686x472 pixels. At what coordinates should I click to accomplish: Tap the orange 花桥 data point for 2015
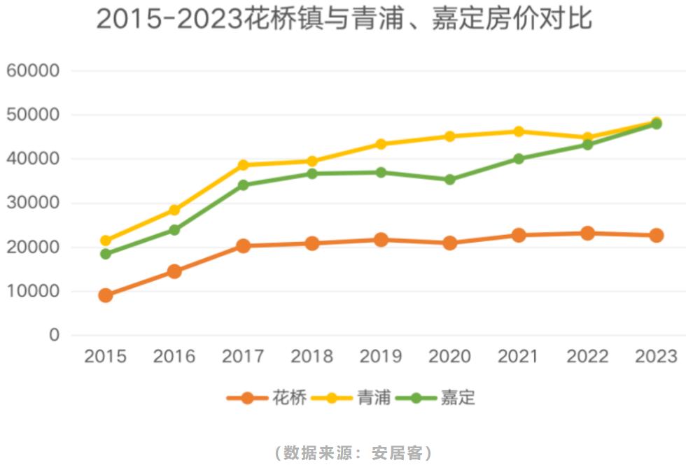106,295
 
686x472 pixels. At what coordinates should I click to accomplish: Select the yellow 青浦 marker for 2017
243,165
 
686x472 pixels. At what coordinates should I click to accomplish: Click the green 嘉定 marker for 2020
449,180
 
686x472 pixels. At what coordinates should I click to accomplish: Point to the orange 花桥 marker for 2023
656,236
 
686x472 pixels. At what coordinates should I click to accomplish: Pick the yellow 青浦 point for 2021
518,131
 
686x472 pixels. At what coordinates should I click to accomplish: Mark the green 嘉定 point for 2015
106,254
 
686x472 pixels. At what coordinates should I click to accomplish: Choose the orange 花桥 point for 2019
381,240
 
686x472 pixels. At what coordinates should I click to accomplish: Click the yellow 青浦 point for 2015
106,241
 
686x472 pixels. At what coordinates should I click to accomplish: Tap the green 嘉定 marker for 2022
587,145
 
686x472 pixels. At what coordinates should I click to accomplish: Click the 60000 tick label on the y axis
33,71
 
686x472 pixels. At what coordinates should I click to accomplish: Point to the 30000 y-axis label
33,203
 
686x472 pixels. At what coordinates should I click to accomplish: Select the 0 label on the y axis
54,336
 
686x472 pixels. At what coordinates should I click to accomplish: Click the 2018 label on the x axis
311,357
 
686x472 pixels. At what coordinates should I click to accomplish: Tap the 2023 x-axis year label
656,357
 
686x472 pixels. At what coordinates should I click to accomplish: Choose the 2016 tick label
174,357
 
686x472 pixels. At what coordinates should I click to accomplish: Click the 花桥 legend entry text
289,398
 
